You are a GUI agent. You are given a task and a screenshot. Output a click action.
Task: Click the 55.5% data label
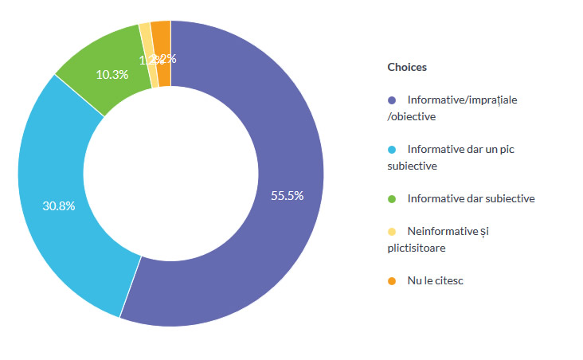[287, 196]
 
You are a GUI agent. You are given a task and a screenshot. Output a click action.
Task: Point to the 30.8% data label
[59, 205]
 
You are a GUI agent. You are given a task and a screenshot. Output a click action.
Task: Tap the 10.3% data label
[112, 73]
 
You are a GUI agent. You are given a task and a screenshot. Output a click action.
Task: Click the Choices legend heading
[407, 68]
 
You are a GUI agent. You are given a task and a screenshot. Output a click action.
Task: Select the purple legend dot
[391, 100]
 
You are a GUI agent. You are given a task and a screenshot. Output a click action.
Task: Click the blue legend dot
[391, 150]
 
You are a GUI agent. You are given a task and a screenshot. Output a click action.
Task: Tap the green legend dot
[391, 198]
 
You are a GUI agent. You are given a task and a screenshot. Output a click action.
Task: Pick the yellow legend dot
[391, 232]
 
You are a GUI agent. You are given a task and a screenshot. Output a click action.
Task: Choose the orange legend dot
[391, 281]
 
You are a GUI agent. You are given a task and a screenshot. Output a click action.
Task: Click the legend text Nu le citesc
[435, 281]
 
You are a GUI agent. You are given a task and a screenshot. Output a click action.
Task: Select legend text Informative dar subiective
[471, 198]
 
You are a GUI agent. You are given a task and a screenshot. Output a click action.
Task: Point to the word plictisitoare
[417, 248]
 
